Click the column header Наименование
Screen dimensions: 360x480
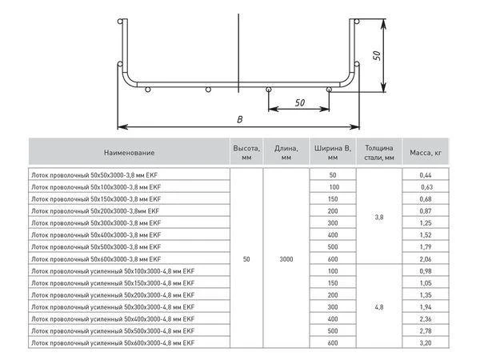point(129,152)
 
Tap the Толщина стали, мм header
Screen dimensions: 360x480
point(379,152)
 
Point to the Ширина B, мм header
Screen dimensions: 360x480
point(333,152)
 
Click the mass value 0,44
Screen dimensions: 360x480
point(425,174)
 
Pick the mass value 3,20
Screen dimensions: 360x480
point(425,342)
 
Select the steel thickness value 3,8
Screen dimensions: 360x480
point(379,216)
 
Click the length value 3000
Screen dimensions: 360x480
point(287,259)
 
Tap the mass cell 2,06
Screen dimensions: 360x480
point(425,259)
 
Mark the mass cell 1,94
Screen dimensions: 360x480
point(425,306)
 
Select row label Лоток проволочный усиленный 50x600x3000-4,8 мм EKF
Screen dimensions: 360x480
point(112,342)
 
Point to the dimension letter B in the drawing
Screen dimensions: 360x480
point(240,118)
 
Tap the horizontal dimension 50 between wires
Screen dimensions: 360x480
point(299,102)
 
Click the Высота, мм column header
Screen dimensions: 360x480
point(246,152)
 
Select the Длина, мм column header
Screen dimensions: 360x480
point(287,152)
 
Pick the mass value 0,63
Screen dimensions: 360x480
point(425,187)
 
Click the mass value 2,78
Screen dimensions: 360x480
point(425,330)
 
